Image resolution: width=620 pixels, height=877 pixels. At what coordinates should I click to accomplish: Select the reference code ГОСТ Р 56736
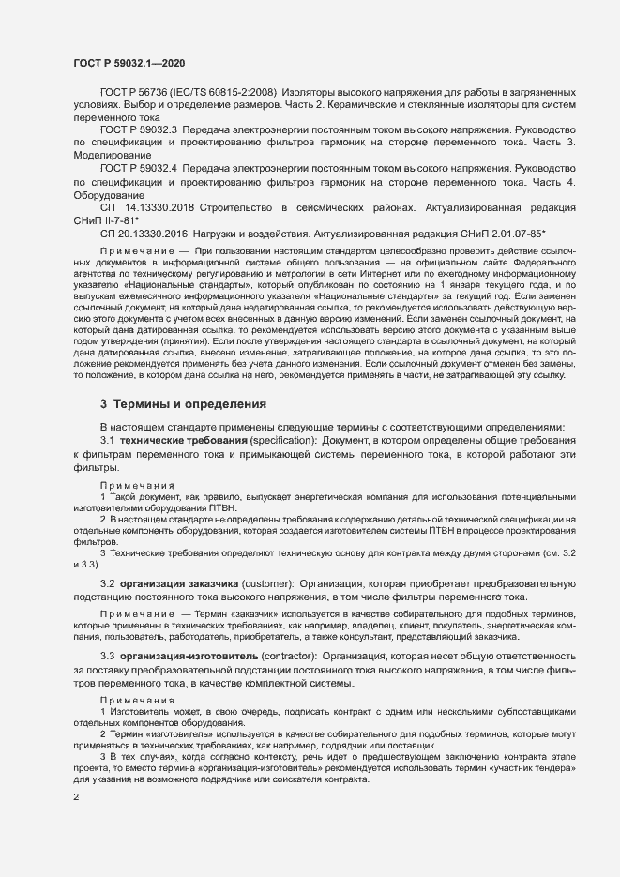(x=139, y=94)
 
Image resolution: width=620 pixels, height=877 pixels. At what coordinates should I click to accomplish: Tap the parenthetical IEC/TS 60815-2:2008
(x=228, y=94)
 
